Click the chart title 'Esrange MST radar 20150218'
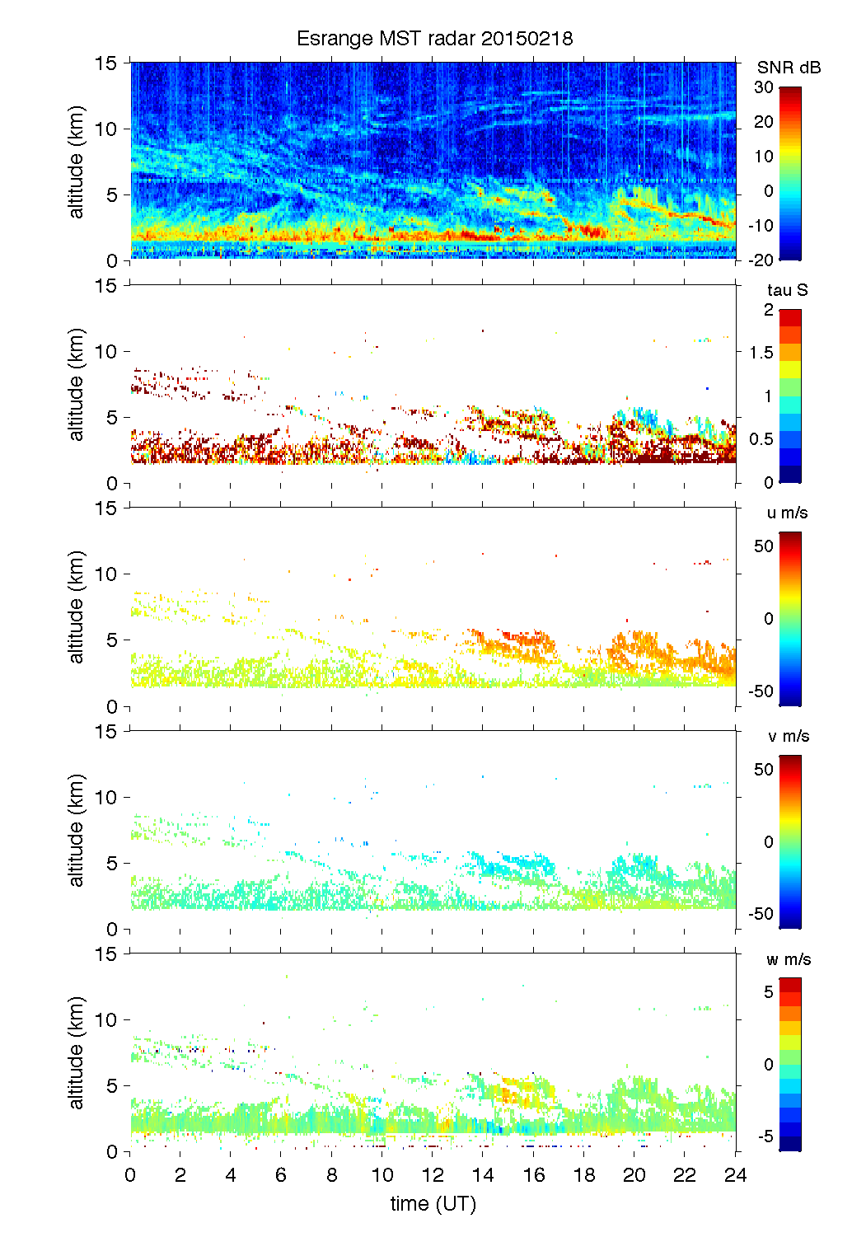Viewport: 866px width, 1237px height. coord(434,39)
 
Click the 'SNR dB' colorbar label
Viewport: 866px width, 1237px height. coord(789,68)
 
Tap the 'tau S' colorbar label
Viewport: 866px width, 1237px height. coord(787,290)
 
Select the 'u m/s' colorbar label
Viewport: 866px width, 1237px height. coord(787,513)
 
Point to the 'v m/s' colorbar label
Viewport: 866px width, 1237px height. coord(788,736)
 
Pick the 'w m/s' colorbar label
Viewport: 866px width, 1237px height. coord(788,959)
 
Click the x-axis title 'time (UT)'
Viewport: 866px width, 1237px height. coord(433,1204)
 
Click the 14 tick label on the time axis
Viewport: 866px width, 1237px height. coord(483,1175)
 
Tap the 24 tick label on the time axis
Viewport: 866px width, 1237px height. coord(735,1175)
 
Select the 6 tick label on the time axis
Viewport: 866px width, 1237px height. coord(281,1175)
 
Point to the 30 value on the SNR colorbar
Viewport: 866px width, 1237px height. coord(764,87)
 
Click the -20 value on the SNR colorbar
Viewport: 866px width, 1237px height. coord(761,260)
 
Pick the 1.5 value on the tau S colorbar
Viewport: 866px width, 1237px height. coord(761,353)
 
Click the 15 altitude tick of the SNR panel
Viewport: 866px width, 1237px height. coord(106,63)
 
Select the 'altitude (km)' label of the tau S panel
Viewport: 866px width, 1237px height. coord(77,384)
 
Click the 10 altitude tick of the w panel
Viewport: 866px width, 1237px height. coord(106,1019)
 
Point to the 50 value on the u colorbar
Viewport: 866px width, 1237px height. coord(764,546)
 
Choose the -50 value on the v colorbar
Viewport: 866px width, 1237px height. coord(761,914)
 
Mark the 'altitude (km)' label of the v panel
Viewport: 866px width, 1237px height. coord(77,830)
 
